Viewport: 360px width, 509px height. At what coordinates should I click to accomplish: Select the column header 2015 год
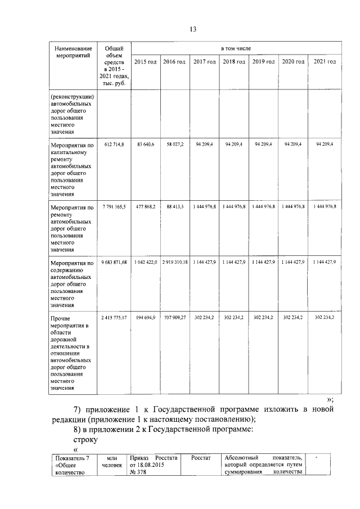click(145, 61)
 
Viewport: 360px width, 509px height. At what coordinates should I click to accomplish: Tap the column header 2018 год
click(233, 61)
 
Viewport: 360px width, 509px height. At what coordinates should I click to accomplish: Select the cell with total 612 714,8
click(114, 145)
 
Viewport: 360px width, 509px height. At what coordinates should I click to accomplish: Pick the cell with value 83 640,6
click(145, 145)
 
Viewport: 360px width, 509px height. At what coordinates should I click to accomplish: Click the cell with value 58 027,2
click(174, 145)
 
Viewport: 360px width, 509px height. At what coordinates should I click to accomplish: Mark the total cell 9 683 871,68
click(114, 263)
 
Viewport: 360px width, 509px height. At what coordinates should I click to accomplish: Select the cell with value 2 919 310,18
click(174, 263)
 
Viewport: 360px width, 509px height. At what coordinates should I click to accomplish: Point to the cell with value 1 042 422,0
click(145, 263)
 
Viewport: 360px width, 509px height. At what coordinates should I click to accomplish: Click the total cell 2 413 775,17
click(114, 318)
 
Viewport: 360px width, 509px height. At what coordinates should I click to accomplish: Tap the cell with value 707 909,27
click(174, 318)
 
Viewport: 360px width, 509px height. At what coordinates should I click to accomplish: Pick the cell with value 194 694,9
click(145, 318)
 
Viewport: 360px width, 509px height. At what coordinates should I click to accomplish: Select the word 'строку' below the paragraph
click(84, 439)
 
